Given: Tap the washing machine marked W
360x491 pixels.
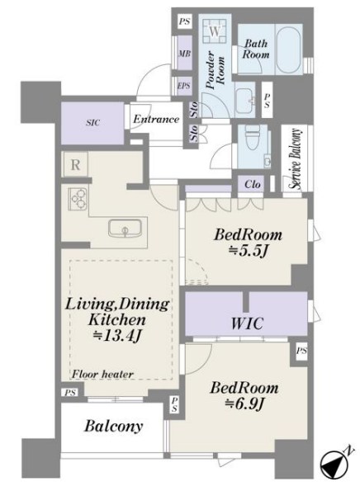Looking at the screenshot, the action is [x=215, y=31].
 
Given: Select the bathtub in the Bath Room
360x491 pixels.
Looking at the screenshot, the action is [x=288, y=50].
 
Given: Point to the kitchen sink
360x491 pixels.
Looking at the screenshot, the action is [x=125, y=228].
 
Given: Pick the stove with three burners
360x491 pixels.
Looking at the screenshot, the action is [x=78, y=199].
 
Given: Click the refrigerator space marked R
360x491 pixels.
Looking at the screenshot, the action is [x=75, y=165].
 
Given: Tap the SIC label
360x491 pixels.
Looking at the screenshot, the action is [x=93, y=122].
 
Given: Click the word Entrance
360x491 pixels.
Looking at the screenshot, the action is [x=156, y=119].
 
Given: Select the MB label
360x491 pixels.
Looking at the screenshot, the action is [x=184, y=54].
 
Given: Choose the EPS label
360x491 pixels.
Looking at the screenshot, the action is [x=183, y=85].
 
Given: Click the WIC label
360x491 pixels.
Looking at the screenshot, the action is [x=247, y=323].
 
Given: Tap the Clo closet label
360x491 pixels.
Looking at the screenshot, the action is [x=253, y=184].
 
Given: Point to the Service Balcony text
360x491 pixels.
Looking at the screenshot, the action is [x=296, y=158].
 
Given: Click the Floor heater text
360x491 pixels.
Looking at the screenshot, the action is [x=102, y=374].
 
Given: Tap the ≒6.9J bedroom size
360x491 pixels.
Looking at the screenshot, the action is [x=244, y=404].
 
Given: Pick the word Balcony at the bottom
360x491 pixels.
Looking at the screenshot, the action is [x=113, y=427].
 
